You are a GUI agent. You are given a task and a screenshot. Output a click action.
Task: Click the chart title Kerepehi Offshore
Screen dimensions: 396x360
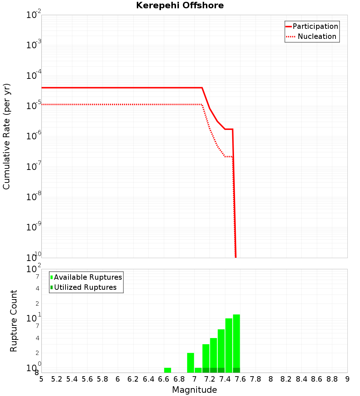coord(180,6)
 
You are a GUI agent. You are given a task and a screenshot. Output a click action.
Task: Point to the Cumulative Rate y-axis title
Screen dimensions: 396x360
coord(6,136)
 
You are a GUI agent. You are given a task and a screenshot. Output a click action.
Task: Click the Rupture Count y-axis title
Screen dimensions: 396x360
coord(14,321)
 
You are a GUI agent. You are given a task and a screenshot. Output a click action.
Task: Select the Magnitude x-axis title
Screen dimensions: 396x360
coord(194,390)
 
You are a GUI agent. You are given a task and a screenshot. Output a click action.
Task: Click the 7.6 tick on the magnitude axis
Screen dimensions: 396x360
coord(240,379)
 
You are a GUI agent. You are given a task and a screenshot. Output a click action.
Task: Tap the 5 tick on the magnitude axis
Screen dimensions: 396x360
coord(41,379)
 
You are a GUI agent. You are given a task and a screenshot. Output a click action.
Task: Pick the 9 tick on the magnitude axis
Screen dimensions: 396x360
coord(347,379)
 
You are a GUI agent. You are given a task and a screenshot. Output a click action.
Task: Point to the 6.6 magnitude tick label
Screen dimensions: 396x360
coord(164,379)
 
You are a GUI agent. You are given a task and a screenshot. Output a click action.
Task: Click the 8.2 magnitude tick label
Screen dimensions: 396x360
coord(286,379)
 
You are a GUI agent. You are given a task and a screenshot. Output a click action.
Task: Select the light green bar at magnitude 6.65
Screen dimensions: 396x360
coord(167,370)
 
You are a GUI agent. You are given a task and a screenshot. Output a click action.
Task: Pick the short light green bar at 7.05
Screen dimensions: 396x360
coord(198,370)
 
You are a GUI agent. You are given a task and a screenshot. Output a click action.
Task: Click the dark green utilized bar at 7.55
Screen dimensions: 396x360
coord(236,370)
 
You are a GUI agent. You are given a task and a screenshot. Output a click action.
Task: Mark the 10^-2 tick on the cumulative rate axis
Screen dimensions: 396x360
coord(34,15)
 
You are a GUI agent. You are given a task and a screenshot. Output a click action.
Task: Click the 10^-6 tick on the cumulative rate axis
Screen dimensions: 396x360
coord(34,136)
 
